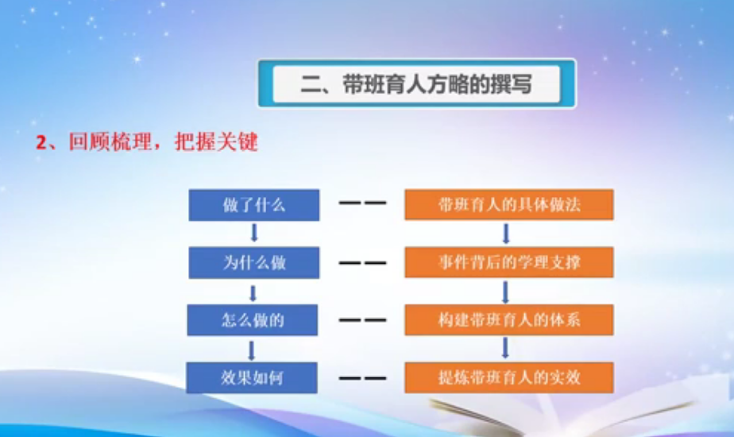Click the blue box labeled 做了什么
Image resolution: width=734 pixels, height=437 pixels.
(x=254, y=204)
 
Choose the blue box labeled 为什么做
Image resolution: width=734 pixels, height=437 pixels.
(x=254, y=262)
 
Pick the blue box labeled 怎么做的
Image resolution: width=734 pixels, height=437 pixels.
(x=254, y=320)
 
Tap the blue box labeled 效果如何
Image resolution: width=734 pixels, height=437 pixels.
(x=254, y=377)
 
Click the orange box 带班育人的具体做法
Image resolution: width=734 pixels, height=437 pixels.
(x=509, y=204)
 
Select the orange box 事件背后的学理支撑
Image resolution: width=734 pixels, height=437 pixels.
(x=509, y=262)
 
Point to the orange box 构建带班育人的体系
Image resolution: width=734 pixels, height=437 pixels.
(x=509, y=320)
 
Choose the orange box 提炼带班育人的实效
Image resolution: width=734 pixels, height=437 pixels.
(x=509, y=377)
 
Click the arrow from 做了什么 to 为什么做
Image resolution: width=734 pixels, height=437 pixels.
(x=254, y=233)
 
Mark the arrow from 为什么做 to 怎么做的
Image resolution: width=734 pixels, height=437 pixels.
(x=253, y=292)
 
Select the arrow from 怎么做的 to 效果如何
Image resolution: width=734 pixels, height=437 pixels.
(x=253, y=349)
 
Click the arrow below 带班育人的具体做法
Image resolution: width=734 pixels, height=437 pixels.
(x=506, y=233)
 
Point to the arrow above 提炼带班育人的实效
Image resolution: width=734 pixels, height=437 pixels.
(x=505, y=349)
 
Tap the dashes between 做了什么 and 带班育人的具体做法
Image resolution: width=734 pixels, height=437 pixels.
(x=362, y=204)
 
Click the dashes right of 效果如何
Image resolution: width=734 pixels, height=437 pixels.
(x=362, y=377)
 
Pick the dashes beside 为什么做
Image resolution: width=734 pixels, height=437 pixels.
(x=362, y=262)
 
